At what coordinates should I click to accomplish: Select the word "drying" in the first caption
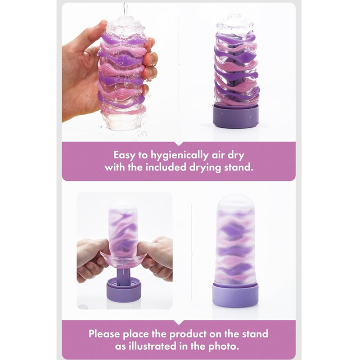click(205, 168)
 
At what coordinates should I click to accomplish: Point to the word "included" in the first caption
click(166, 167)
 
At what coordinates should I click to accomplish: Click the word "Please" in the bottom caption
click(104, 333)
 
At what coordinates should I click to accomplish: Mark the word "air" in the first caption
click(218, 156)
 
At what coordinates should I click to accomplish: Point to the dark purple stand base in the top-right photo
click(236, 116)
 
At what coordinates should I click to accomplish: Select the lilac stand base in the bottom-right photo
click(235, 295)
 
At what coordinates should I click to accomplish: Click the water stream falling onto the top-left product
click(125, 9)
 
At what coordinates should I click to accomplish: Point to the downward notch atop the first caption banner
click(179, 144)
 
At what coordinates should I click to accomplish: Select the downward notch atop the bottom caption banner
click(179, 322)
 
